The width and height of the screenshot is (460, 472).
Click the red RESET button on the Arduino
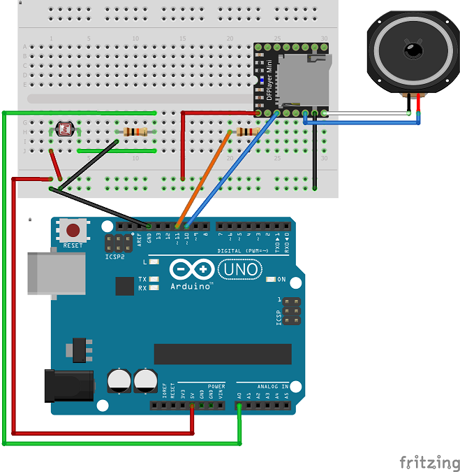point(73,229)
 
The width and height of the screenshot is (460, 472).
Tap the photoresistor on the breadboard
point(66,129)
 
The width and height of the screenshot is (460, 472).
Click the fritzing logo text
point(429,462)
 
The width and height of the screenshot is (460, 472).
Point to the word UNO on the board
point(240,269)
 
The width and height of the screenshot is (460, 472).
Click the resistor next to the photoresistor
point(135,131)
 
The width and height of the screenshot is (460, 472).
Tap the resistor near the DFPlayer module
point(247,131)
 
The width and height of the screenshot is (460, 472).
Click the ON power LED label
point(281,280)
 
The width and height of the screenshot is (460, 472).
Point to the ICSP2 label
point(115,256)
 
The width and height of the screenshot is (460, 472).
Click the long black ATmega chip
point(222,354)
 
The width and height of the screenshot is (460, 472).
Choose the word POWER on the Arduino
point(216,386)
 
